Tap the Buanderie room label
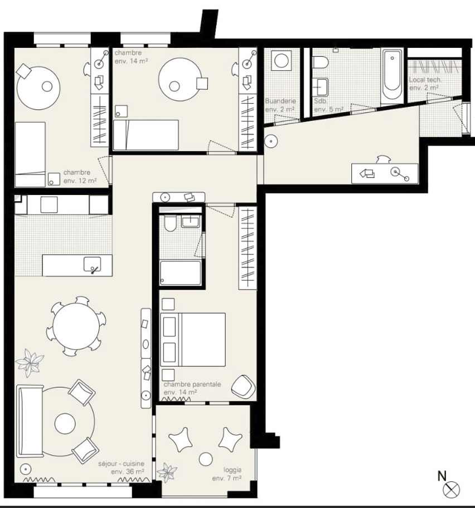[x=280, y=101]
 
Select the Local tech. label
[x=425, y=80]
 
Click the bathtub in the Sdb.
[x=392, y=76]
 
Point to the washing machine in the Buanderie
[x=282, y=60]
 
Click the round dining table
[x=76, y=326]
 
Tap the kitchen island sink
[x=92, y=265]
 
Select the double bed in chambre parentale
[x=193, y=340]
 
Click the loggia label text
[x=232, y=470]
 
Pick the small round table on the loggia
[x=206, y=459]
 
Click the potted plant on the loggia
[x=167, y=473]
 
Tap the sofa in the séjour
[x=30, y=421]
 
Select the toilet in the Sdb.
[x=321, y=62]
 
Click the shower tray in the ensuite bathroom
[x=180, y=273]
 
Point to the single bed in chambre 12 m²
[x=30, y=154]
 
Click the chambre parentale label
[x=192, y=384]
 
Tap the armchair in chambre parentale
[x=243, y=386]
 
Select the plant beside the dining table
[x=30, y=363]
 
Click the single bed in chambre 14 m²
[x=146, y=135]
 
